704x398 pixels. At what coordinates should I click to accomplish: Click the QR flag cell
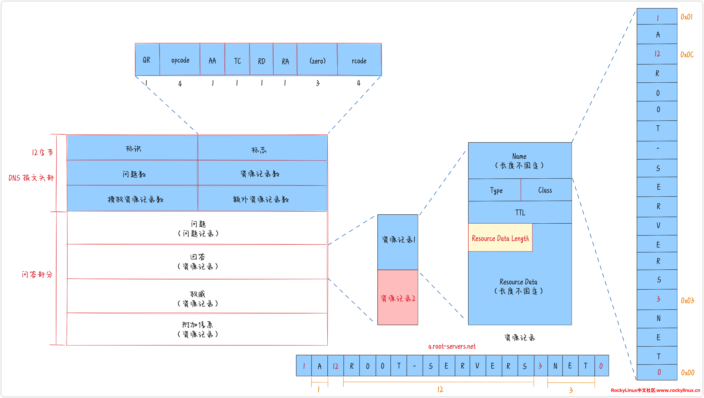click(147, 60)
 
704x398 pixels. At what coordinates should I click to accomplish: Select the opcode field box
click(180, 60)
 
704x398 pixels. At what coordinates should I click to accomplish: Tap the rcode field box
click(359, 60)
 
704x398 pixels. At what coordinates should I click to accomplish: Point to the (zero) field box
click(317, 60)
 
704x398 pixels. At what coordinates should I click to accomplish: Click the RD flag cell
click(261, 60)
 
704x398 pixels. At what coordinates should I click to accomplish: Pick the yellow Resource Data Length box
click(500, 238)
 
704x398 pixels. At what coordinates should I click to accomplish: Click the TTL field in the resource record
click(520, 212)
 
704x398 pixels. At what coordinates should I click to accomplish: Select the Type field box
click(495, 190)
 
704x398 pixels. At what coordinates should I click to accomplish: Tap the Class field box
click(545, 190)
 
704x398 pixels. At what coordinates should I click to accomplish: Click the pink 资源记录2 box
click(398, 298)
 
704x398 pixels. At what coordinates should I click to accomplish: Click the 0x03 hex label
click(687, 301)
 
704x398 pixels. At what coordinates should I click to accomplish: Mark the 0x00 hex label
click(687, 373)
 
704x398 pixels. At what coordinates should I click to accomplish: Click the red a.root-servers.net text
click(452, 346)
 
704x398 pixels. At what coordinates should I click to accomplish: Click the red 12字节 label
click(42, 152)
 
